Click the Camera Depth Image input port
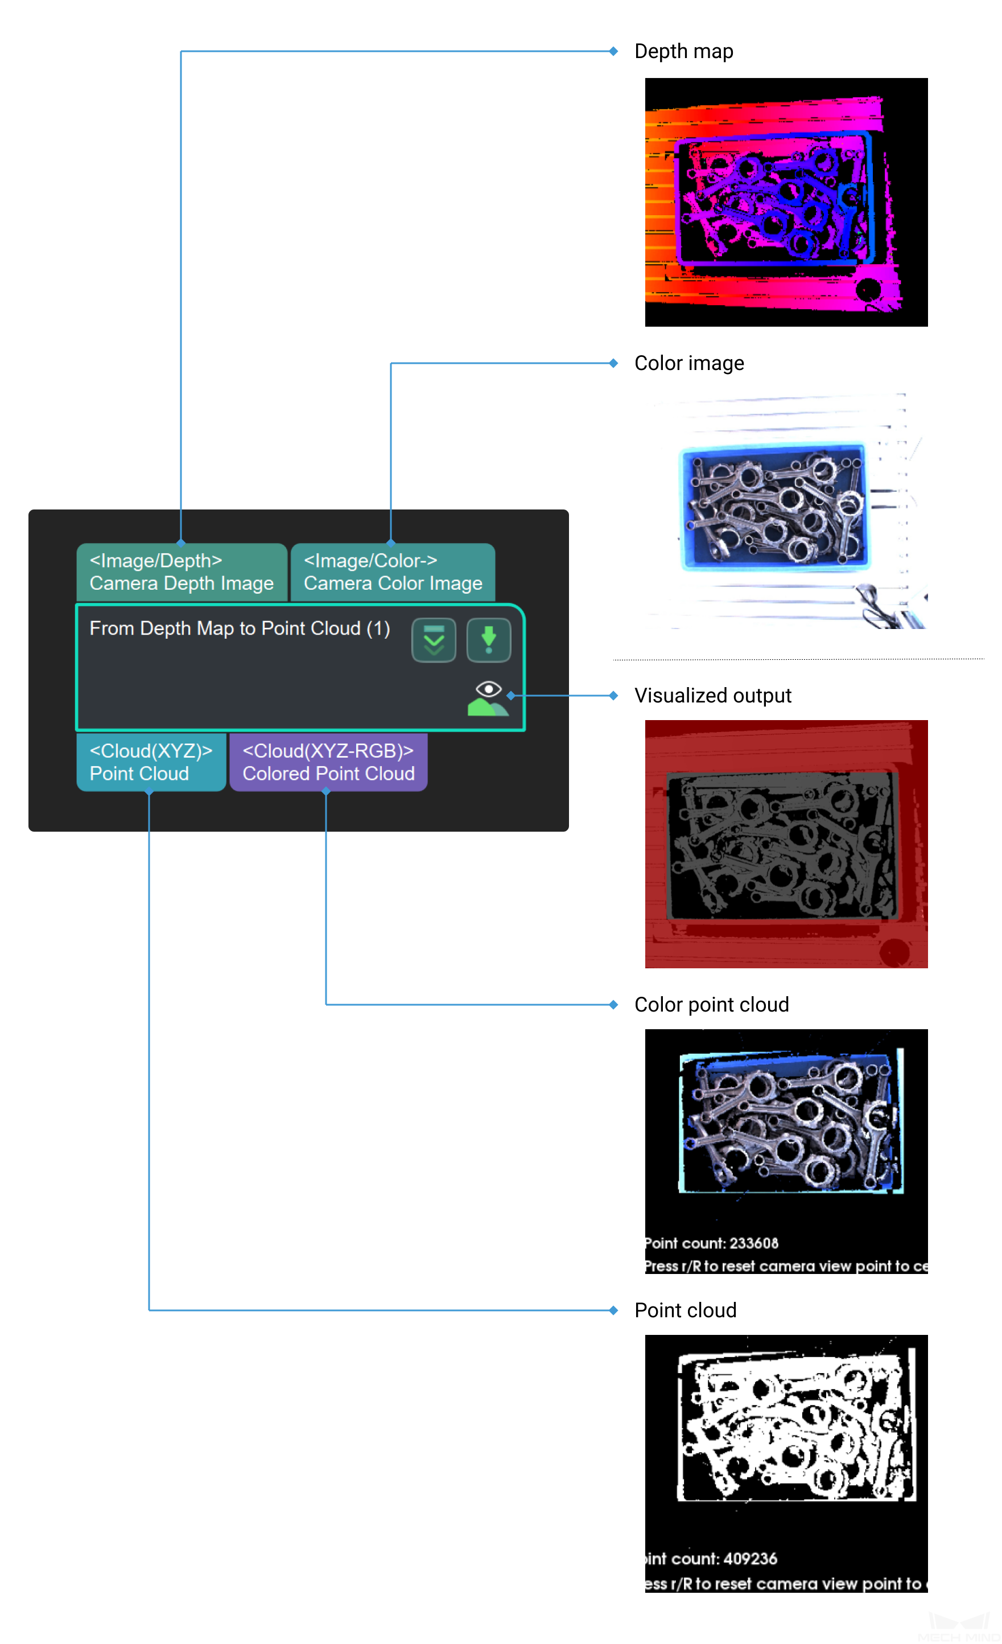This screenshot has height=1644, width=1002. [182, 572]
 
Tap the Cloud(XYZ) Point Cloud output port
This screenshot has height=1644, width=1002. [151, 762]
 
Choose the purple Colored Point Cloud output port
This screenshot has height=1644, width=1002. [328, 762]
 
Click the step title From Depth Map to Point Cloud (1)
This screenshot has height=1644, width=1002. [240, 628]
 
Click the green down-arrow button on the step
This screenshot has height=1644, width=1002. [488, 639]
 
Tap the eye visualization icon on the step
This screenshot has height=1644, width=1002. [488, 689]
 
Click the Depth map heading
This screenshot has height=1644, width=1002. [683, 51]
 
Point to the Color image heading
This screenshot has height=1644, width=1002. [688, 363]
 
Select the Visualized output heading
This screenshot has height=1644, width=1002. [712, 695]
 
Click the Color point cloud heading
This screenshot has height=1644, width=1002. [711, 1004]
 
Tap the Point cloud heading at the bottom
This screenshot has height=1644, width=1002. [685, 1310]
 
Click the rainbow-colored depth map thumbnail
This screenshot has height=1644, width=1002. [785, 202]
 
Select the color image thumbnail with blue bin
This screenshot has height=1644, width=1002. [785, 511]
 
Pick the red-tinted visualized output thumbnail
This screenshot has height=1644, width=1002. [785, 844]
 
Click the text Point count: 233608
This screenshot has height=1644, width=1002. [711, 1243]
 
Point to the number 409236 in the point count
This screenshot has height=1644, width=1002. [750, 1559]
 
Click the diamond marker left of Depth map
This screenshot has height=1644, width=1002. [613, 51]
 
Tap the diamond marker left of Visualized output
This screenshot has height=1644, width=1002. [613, 695]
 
